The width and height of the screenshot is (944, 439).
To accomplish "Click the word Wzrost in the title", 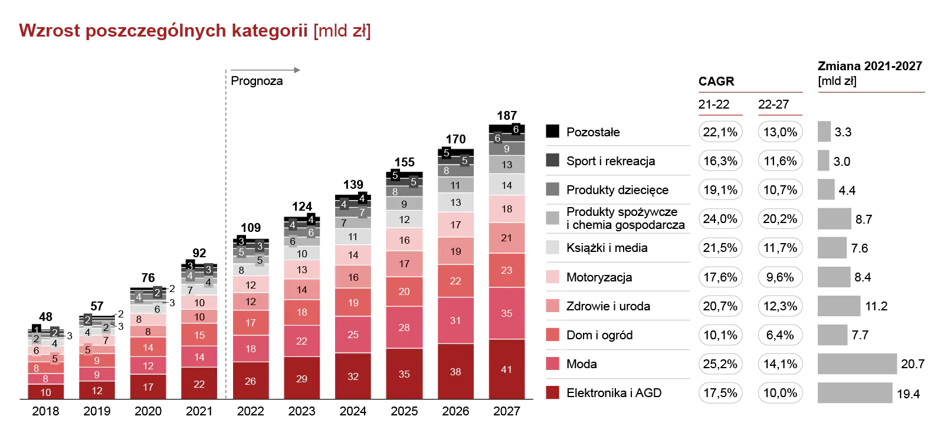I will [x=49, y=31].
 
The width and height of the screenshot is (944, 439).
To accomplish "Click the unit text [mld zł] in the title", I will [x=342, y=31].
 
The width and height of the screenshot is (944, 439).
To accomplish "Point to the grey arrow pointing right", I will [x=265, y=70].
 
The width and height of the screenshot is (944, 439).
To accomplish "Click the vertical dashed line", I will [x=226, y=236].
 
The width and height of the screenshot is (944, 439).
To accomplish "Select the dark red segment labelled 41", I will [x=507, y=369].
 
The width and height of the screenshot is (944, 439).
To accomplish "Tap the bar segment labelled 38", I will [x=455, y=372].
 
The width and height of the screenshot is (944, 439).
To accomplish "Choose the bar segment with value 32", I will [x=353, y=376].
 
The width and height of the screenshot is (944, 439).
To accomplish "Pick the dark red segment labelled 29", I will [x=301, y=378].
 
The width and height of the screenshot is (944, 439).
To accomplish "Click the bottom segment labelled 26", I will [x=251, y=381].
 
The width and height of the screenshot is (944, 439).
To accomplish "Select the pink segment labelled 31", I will [x=455, y=320].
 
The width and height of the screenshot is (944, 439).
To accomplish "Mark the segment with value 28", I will [x=404, y=327].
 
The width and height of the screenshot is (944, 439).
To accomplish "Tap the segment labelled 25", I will [x=353, y=335].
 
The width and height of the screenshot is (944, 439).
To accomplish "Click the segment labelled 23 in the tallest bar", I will [x=507, y=270].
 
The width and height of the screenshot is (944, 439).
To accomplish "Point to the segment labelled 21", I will [x=507, y=238].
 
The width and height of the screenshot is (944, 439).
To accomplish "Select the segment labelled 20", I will [x=404, y=291].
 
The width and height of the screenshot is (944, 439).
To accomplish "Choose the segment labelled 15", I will [x=199, y=335].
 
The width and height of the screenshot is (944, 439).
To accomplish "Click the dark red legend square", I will [x=552, y=392].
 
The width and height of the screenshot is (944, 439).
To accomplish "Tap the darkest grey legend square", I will [x=552, y=160].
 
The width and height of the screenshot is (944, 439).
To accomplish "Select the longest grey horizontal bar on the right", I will [x=857, y=364].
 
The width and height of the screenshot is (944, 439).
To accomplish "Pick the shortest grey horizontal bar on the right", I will [x=824, y=160].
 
